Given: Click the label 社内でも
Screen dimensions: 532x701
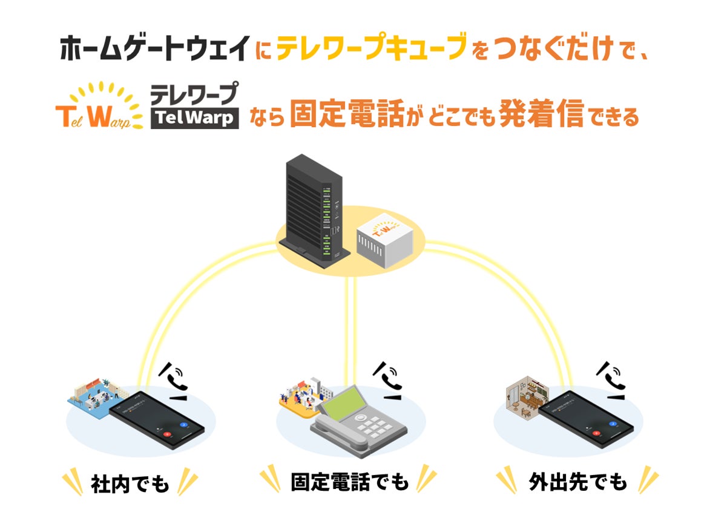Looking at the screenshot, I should tap(130, 483).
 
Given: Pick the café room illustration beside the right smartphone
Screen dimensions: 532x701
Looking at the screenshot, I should tap(525, 396).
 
